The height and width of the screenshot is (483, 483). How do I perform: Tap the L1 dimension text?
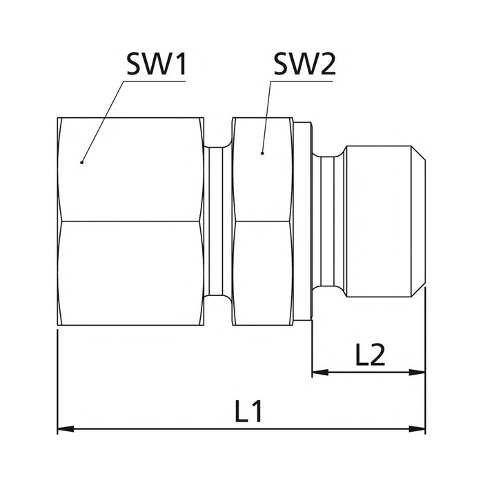tap(248, 412)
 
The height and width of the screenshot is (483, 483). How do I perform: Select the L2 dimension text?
tap(370, 355)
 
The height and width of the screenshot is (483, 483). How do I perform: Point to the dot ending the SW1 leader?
tap(81, 162)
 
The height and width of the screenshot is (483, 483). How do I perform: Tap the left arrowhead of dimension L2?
tap(319, 372)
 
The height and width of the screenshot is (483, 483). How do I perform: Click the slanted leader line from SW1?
tap(103, 121)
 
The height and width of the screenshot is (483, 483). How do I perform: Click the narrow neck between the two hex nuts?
tap(218, 221)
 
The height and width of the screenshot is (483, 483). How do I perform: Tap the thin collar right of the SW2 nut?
tap(303, 221)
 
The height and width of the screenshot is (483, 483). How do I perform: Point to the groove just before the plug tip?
tap(329, 221)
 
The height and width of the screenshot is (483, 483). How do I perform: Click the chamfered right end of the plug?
tap(420, 221)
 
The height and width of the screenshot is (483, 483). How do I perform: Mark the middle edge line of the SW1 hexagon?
tap(131, 221)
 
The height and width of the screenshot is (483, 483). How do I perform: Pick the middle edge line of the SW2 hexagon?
tap(262, 221)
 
